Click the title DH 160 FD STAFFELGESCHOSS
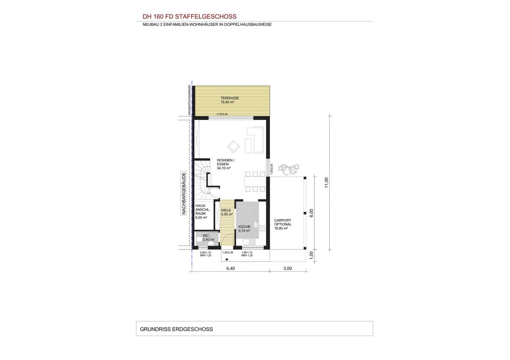[189, 17]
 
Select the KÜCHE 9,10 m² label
[244, 229]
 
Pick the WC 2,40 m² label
[208, 238]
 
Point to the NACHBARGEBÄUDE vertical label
[184, 193]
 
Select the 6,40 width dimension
[230, 269]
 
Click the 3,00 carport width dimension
[287, 269]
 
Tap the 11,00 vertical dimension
[326, 182]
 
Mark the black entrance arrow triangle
[227, 259]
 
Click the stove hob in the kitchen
[262, 228]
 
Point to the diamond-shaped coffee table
[234, 147]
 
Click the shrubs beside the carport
[289, 169]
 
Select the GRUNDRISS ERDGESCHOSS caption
[176, 329]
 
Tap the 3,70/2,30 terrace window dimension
[222, 114]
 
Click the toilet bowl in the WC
[211, 244]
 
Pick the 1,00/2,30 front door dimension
[228, 253]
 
